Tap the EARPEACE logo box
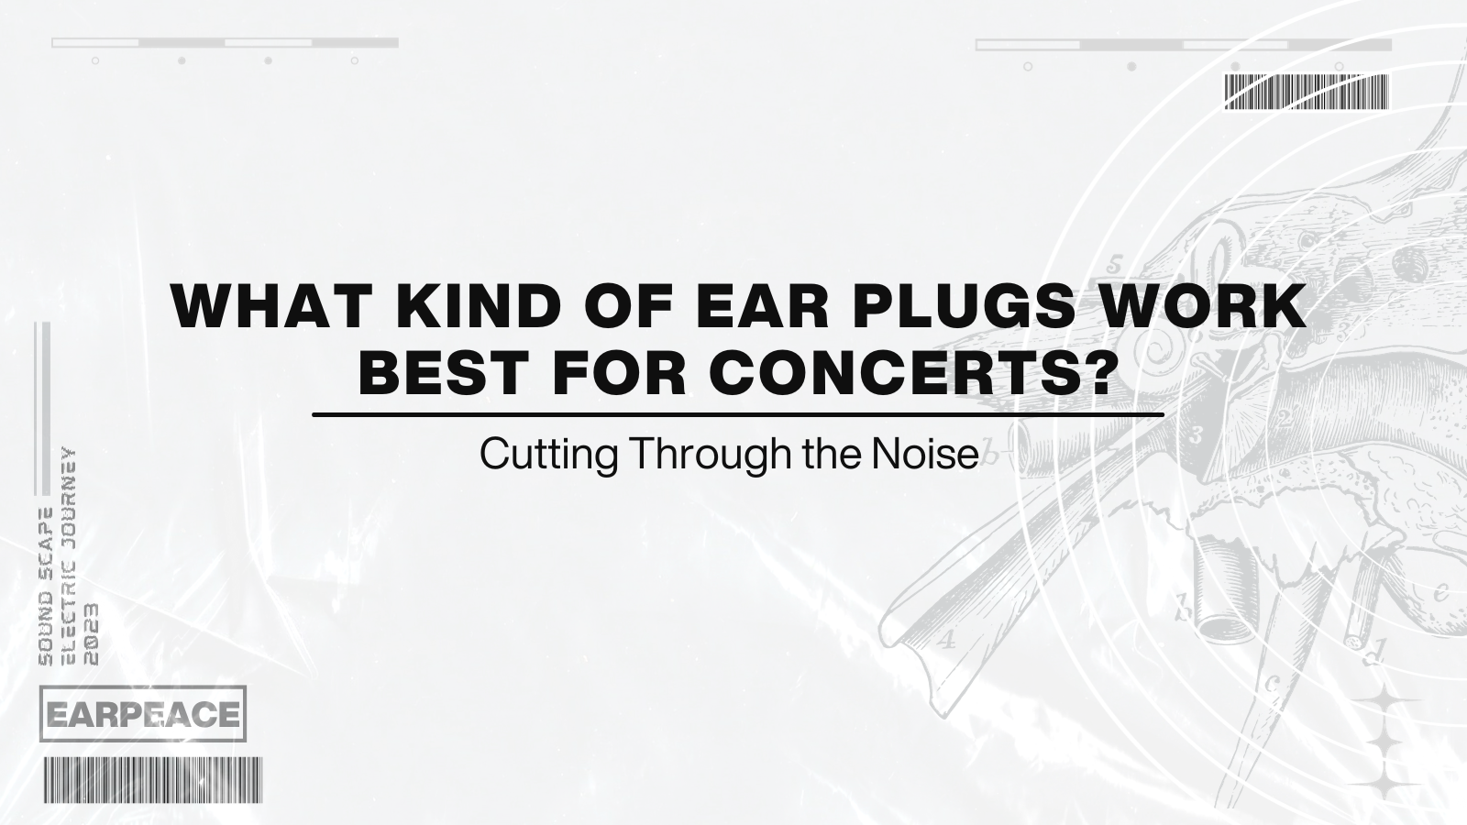coord(143,713)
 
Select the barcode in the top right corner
coord(1307,93)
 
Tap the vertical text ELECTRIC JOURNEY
coord(68,556)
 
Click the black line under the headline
coord(737,415)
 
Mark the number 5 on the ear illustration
coord(1114,266)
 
